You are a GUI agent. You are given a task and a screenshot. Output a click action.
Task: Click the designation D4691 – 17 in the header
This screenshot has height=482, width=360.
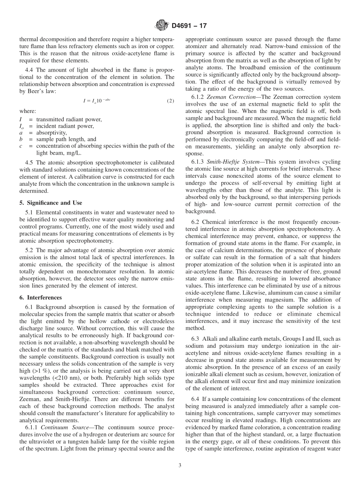click(x=189, y=26)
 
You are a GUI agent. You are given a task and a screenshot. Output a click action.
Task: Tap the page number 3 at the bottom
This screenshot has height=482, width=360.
click(x=180, y=466)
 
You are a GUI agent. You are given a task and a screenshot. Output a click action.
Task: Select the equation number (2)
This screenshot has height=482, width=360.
click(x=171, y=101)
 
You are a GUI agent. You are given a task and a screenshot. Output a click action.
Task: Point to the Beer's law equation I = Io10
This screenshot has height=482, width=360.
click(x=97, y=101)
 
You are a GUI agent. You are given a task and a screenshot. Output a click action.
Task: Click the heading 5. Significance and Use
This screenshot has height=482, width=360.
click(x=51, y=203)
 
